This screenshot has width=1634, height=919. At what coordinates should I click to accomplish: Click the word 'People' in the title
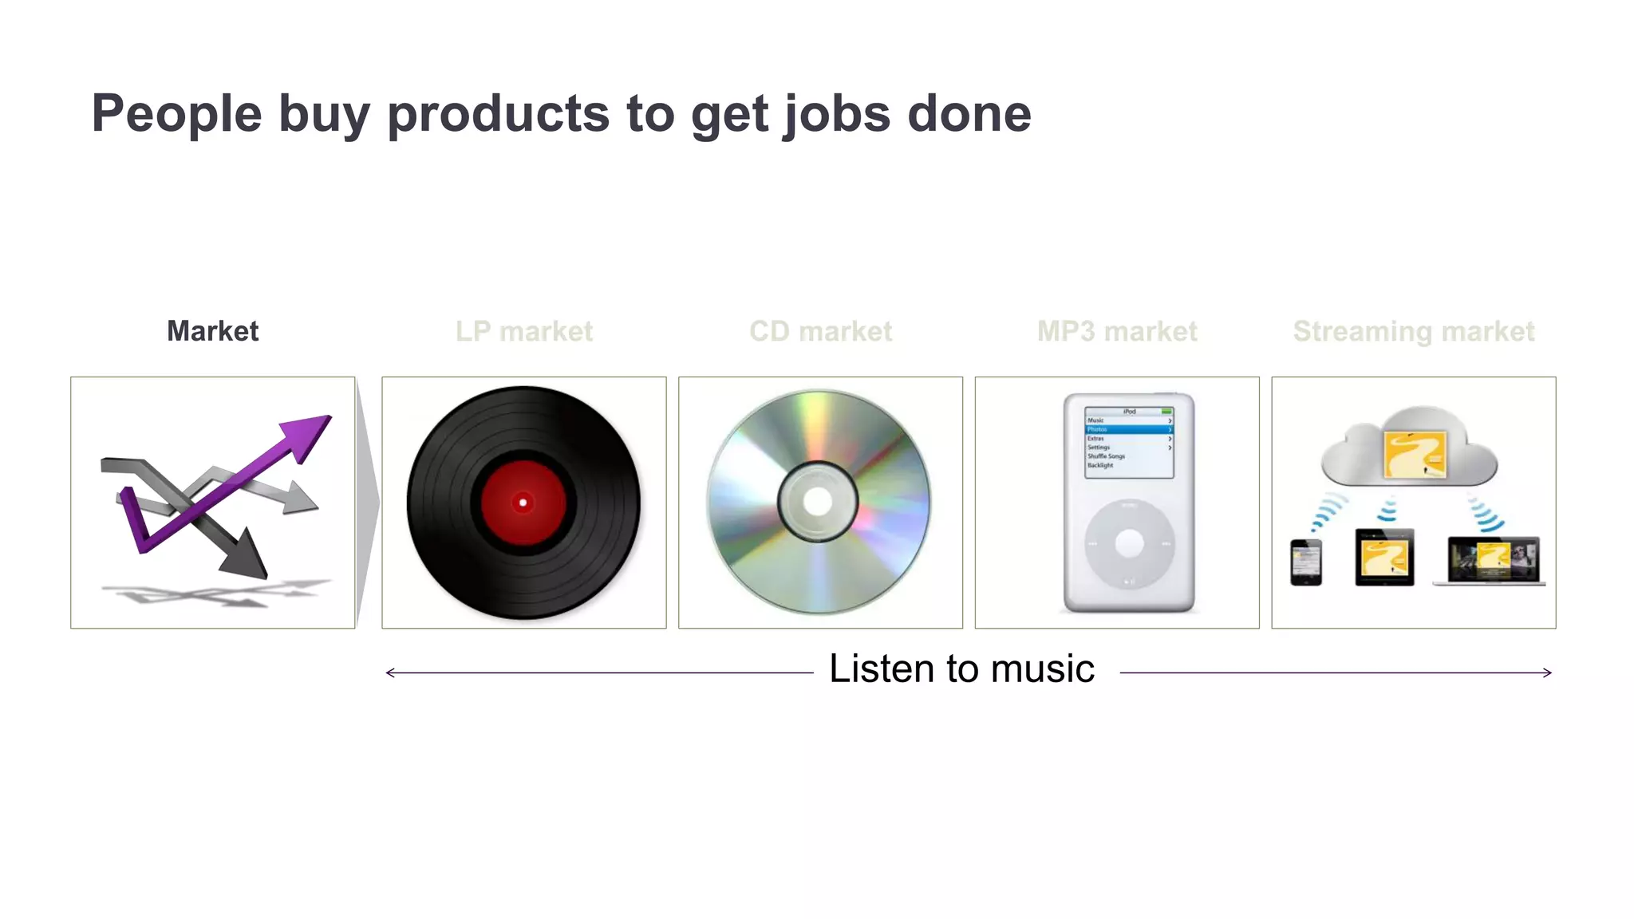click(176, 114)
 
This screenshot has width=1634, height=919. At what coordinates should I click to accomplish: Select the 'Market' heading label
click(212, 331)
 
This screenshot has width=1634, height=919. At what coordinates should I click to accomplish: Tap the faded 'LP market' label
click(524, 331)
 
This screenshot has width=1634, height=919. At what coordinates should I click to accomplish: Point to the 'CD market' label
click(820, 331)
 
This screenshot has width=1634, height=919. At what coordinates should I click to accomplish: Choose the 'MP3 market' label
click(1117, 331)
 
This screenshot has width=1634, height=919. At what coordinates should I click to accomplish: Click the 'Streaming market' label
click(1413, 331)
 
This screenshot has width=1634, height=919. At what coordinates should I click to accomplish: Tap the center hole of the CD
click(818, 502)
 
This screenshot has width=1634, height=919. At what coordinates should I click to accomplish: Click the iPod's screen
click(1129, 443)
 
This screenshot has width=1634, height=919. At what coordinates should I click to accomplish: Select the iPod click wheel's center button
click(1129, 543)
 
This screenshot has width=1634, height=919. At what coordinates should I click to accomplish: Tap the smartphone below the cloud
click(1305, 562)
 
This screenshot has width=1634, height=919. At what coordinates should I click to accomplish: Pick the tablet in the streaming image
click(1384, 558)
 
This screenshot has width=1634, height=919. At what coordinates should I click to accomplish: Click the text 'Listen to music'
click(961, 669)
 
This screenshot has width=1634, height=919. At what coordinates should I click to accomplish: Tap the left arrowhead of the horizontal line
click(390, 673)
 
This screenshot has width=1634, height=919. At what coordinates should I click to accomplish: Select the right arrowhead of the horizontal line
click(1547, 673)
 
